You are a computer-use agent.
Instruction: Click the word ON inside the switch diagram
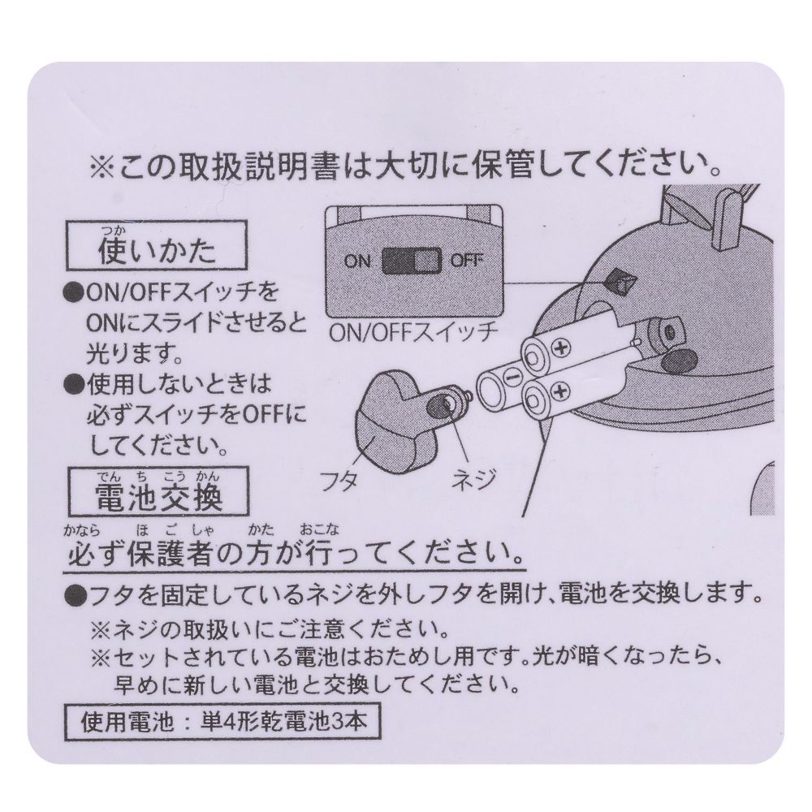point(357,261)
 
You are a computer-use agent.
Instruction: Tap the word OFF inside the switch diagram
point(467,261)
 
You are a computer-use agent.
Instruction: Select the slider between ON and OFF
point(411,261)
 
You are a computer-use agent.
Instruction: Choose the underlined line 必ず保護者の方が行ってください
point(292,556)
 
